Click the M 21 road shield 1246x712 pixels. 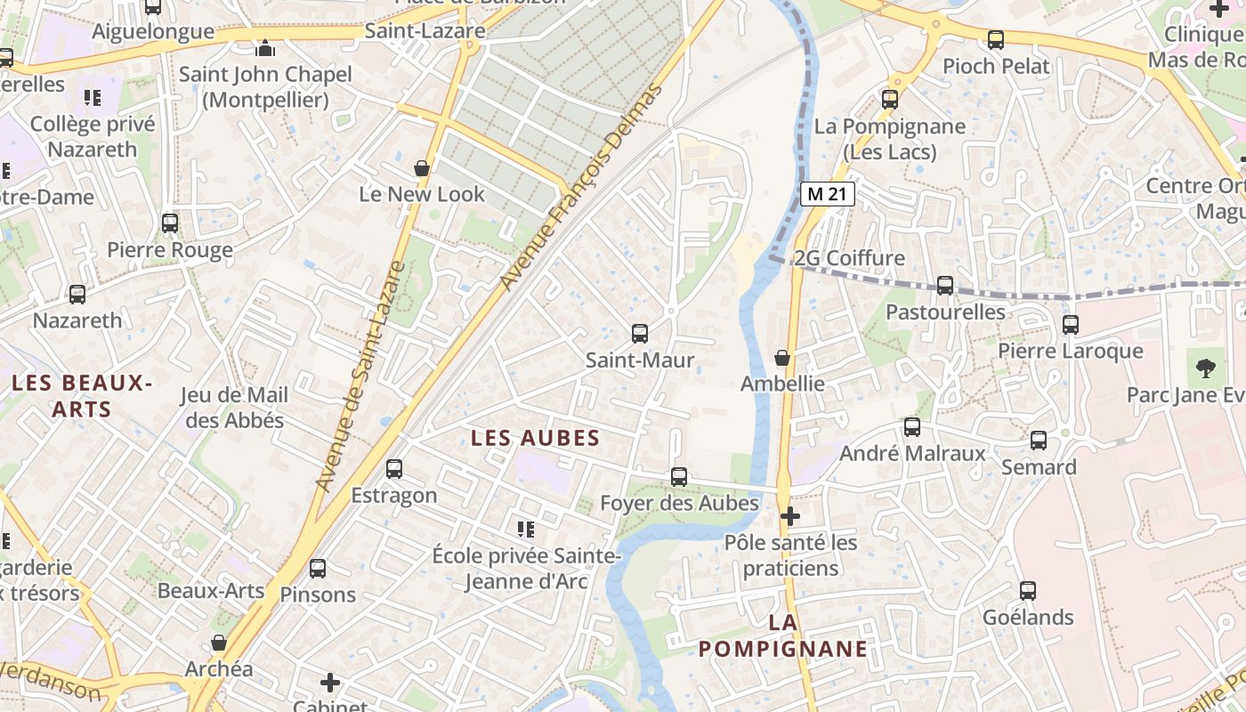click(x=827, y=194)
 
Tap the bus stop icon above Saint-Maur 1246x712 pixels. click(x=639, y=334)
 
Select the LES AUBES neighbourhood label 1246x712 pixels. click(x=535, y=438)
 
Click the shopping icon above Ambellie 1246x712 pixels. click(x=782, y=358)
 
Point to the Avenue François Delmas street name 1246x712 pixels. click(x=582, y=187)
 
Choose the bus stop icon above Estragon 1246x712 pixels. click(x=394, y=468)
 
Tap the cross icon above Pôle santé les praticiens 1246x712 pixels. click(x=789, y=515)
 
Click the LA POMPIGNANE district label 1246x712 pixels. click(x=782, y=635)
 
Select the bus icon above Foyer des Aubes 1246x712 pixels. click(x=679, y=476)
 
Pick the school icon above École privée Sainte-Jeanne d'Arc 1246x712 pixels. click(x=526, y=530)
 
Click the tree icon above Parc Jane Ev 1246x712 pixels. click(x=1205, y=368)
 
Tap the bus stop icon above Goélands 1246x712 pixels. click(x=1028, y=590)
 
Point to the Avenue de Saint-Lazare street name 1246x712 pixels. click(x=360, y=376)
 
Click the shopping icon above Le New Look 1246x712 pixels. click(x=422, y=167)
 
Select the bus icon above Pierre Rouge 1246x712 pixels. click(x=170, y=223)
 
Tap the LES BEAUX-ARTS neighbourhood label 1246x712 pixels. click(x=81, y=396)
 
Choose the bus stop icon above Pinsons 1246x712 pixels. click(x=318, y=568)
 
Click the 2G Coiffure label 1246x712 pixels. click(x=849, y=258)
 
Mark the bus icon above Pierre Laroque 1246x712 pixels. click(x=1070, y=324)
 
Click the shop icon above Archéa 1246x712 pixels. click(x=219, y=643)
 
